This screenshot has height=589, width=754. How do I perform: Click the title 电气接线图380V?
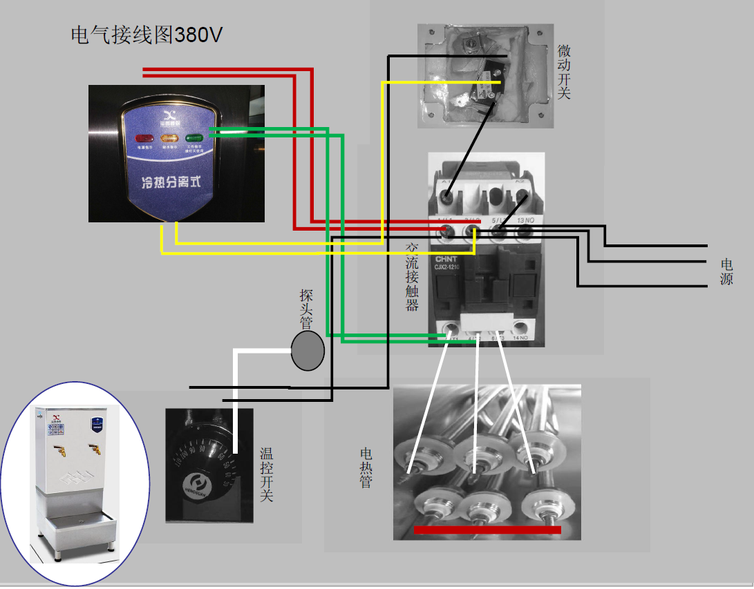pyautogui.click(x=147, y=35)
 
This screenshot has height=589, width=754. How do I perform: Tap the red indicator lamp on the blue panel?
pyautogui.click(x=144, y=138)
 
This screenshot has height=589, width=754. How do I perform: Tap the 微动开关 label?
pyautogui.click(x=564, y=72)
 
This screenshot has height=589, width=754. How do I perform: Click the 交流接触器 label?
pyautogui.click(x=412, y=276)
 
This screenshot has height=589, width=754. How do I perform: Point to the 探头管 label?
pyautogui.click(x=306, y=309)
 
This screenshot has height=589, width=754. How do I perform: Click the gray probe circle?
pyautogui.click(x=308, y=351)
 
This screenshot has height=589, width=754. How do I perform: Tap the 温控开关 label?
pyautogui.click(x=266, y=474)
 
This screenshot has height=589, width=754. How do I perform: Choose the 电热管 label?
pyautogui.click(x=366, y=467)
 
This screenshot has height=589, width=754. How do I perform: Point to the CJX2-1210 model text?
pyautogui.click(x=447, y=267)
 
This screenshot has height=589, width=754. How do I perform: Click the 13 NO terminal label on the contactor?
pyautogui.click(x=525, y=220)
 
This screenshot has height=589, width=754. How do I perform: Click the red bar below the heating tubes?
pyautogui.click(x=487, y=530)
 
